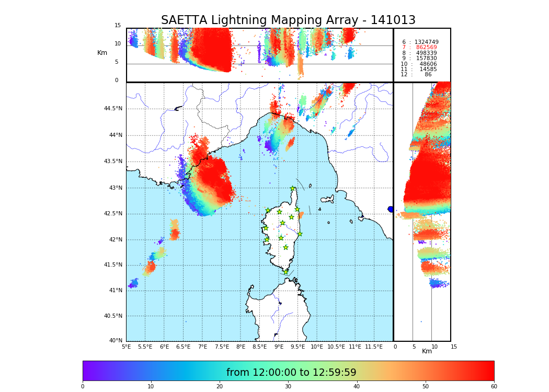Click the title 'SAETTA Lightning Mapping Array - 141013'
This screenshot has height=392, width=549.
click(288, 20)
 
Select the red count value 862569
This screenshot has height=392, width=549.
click(426, 48)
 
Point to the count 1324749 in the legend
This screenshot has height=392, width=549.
click(426, 42)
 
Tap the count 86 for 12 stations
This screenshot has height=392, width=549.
click(428, 75)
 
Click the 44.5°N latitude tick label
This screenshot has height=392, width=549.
click(113, 109)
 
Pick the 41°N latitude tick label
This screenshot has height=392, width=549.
click(114, 291)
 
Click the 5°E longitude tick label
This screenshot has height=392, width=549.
click(127, 347)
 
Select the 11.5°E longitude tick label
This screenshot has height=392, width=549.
click(373, 347)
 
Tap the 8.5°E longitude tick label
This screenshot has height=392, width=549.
click(259, 347)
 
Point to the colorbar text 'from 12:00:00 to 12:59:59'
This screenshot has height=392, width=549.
click(291, 373)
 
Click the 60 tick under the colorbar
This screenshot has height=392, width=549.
click(494, 387)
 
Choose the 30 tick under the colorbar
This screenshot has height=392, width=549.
click(288, 387)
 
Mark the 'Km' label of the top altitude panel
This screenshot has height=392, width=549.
click(102, 53)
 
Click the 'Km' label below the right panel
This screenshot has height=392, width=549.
click(427, 351)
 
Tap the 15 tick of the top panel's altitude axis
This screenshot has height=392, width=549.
click(118, 26)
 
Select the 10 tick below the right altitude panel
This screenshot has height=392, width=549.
click(434, 347)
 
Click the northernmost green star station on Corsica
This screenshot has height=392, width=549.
click(293, 189)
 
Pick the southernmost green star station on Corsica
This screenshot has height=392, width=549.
click(285, 272)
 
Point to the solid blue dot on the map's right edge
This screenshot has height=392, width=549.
click(391, 209)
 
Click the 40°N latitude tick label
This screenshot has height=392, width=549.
click(116, 341)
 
